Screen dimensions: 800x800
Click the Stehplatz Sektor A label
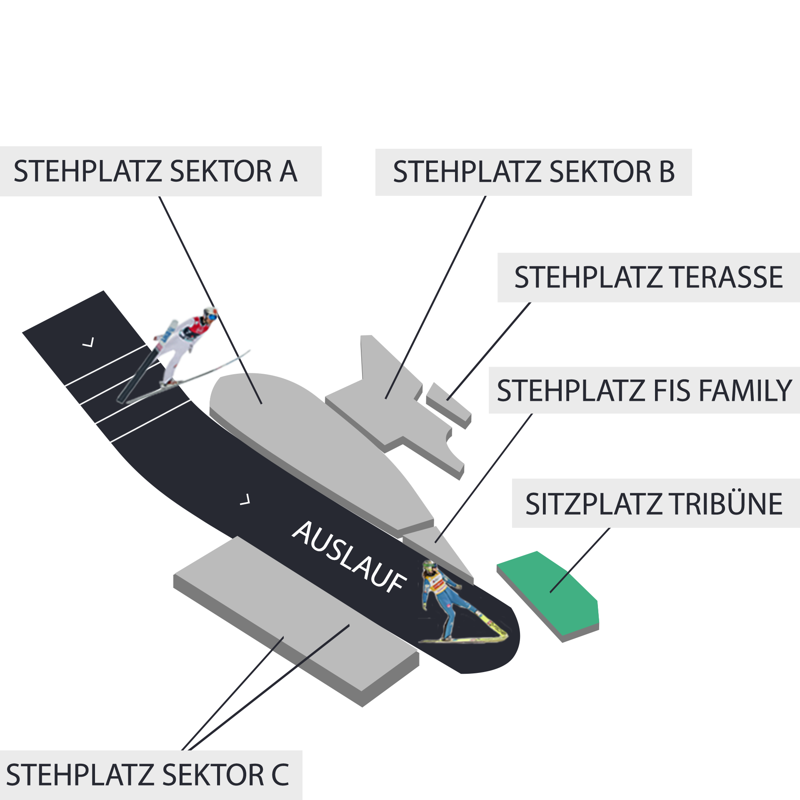tap(155, 171)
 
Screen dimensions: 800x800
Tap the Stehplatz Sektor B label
tap(534, 172)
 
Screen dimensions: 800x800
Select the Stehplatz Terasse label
tap(648, 277)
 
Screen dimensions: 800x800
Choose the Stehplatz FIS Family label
tap(644, 390)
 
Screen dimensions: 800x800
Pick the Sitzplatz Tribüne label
tap(654, 504)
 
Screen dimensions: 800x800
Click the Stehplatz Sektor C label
tap(147, 775)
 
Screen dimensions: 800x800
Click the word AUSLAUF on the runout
tap(349, 557)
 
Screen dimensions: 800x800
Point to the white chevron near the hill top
tap(88, 342)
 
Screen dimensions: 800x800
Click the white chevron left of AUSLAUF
tap(245, 500)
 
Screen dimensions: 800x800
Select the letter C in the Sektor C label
tap(280, 775)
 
